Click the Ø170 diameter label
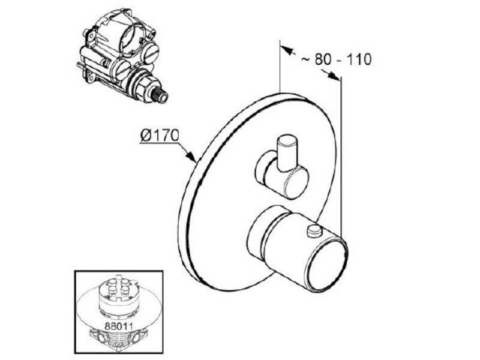point(160,136)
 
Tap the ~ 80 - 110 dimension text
point(336,59)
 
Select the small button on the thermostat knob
point(313,230)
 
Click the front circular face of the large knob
point(328,264)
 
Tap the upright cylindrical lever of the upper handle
point(287,152)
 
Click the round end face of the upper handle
point(296,185)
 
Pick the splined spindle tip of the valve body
point(160,94)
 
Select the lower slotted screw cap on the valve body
point(121,70)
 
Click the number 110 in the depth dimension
point(359,59)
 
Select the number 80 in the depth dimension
point(323,59)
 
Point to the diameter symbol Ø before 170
point(146,136)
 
